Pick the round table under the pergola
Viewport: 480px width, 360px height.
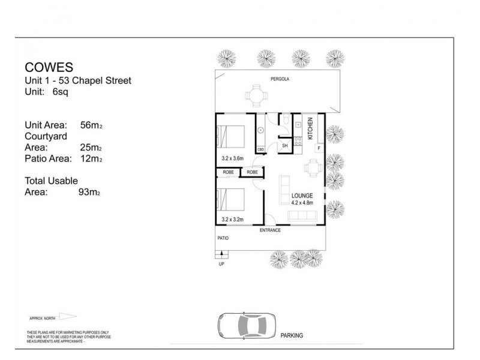coord(256,94)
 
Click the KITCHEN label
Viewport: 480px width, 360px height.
coord(310,129)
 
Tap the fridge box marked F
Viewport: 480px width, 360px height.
coord(319,148)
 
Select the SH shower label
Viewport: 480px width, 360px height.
coord(285,146)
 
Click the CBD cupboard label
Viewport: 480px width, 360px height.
coord(261,149)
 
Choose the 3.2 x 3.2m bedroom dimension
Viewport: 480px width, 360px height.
coord(233,220)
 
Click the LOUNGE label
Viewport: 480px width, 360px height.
coord(302,196)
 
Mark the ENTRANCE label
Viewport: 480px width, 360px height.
coord(270,230)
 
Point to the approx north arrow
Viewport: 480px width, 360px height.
coord(67,317)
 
